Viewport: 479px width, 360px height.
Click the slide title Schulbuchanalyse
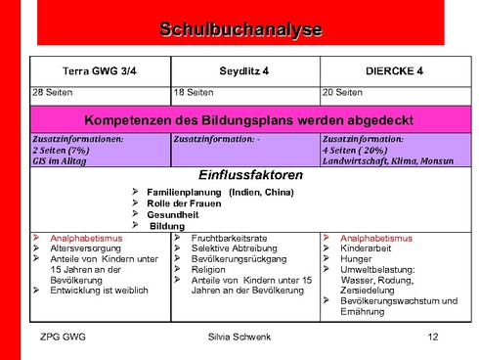[x=240, y=30]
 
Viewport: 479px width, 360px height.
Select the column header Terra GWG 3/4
[x=100, y=70]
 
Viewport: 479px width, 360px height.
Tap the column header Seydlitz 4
[x=243, y=70]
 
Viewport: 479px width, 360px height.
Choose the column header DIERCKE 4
[x=394, y=70]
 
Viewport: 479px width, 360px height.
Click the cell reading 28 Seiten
[x=55, y=93]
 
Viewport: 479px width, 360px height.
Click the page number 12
[x=433, y=337]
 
